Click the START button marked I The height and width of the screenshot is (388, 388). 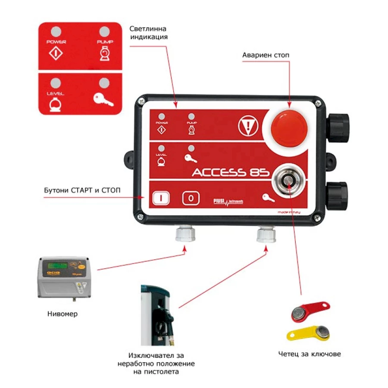[x=160, y=198]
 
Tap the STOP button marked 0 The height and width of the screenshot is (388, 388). [x=191, y=198]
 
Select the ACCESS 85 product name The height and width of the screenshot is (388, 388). [x=231, y=172]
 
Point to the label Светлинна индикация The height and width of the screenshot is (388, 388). [x=148, y=33]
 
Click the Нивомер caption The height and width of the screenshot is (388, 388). [x=62, y=314]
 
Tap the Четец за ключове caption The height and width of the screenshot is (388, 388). [x=310, y=354]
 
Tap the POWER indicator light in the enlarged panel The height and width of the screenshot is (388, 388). [x=56, y=31]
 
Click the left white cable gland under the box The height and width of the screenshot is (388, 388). [x=185, y=233]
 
